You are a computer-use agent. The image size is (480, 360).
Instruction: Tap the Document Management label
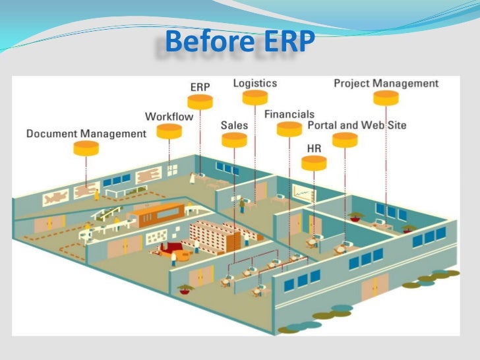(86, 134)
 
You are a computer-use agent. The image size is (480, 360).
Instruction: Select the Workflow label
(169, 117)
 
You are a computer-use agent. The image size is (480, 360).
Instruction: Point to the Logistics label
(255, 84)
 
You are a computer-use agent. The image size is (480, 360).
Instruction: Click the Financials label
(289, 114)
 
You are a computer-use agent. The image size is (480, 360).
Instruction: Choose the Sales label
(234, 125)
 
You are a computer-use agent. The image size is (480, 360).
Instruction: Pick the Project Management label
(386, 84)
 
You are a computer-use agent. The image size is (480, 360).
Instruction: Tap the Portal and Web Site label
(357, 125)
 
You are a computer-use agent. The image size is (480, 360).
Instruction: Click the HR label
(314, 149)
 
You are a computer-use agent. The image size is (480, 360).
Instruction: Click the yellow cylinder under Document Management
(86, 148)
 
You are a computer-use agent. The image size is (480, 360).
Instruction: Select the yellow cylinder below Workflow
(169, 131)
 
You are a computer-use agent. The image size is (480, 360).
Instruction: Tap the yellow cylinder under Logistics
(255, 98)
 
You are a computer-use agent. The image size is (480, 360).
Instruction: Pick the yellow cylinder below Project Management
(386, 98)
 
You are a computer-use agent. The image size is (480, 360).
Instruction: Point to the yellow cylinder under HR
(314, 163)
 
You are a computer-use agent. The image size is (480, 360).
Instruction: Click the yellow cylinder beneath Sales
(234, 140)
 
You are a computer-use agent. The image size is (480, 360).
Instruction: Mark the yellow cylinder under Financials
(289, 129)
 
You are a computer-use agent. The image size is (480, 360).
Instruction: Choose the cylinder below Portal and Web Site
(345, 140)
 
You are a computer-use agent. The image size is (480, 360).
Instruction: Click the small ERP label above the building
(200, 87)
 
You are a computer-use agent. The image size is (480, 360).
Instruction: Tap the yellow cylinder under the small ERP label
(200, 102)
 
